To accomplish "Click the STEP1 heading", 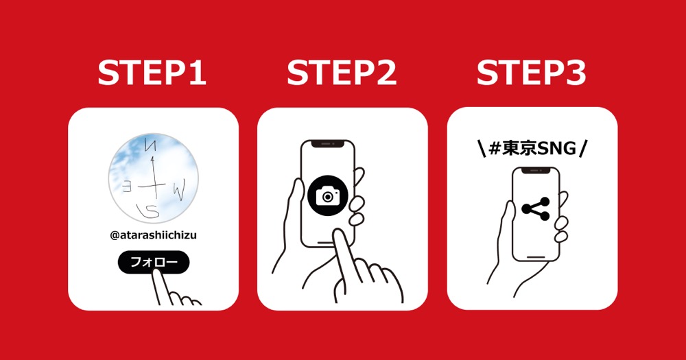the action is [x=152, y=73].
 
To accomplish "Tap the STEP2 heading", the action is [x=342, y=73].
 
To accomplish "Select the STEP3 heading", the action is [x=531, y=73].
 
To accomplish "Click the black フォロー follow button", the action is [x=154, y=262].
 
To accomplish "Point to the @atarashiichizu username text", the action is [x=153, y=235].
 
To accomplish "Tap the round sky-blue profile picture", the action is [x=153, y=178].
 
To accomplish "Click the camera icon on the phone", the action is [x=328, y=196].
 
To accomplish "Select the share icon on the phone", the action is [x=536, y=208].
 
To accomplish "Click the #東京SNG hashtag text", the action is [x=532, y=149].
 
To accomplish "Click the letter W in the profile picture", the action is [x=179, y=190].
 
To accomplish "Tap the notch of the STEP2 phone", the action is [x=328, y=144].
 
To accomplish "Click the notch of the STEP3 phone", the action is [x=536, y=171].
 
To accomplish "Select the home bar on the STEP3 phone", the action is [x=536, y=256].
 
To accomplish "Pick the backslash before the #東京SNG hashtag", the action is [x=482, y=149].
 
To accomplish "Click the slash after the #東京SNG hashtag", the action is [x=582, y=149].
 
